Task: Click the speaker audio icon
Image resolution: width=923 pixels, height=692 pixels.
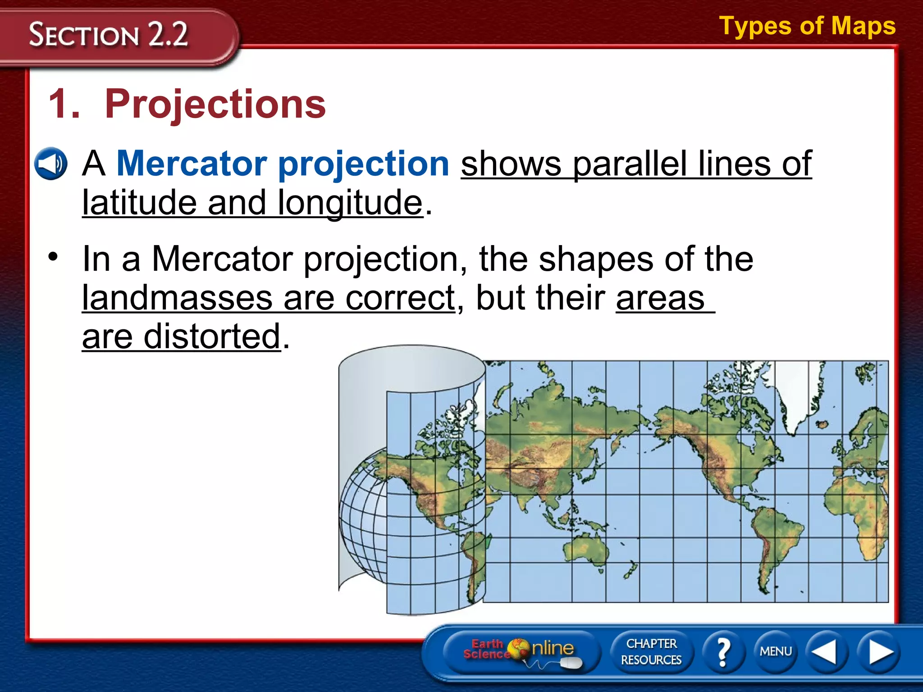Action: [50, 164]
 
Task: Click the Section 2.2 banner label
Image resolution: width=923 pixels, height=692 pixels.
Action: [108, 35]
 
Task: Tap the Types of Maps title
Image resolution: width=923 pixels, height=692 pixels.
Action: [807, 26]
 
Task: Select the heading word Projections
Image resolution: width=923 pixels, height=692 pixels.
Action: [215, 104]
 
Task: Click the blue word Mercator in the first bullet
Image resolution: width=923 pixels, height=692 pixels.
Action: [192, 163]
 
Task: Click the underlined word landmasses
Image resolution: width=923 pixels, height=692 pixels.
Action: [177, 298]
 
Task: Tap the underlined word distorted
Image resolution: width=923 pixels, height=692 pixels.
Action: [212, 336]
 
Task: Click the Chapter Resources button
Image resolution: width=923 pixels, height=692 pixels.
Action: [651, 651]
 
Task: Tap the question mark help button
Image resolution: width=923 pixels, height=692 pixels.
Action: [723, 651]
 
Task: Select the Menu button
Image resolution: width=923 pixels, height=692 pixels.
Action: [775, 651]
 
